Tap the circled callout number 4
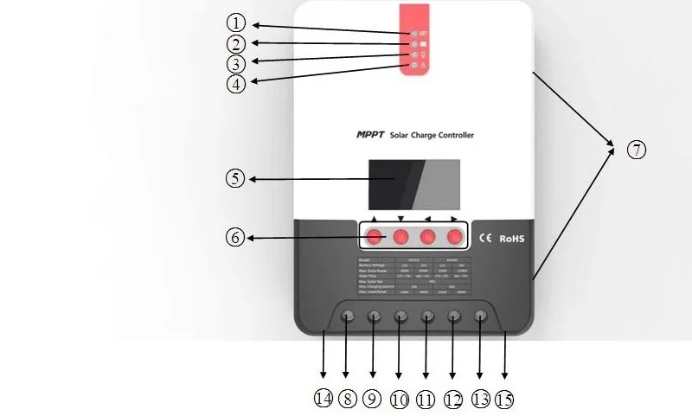(236, 85)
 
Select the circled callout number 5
(235, 179)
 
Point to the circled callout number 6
(234, 238)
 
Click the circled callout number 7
(636, 150)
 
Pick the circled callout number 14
(324, 399)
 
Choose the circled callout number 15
(503, 399)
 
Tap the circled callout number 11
(426, 399)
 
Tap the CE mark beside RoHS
(486, 238)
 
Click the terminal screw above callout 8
(348, 317)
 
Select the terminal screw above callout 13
(481, 317)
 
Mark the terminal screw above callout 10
(400, 317)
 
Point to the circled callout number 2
(237, 43)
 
